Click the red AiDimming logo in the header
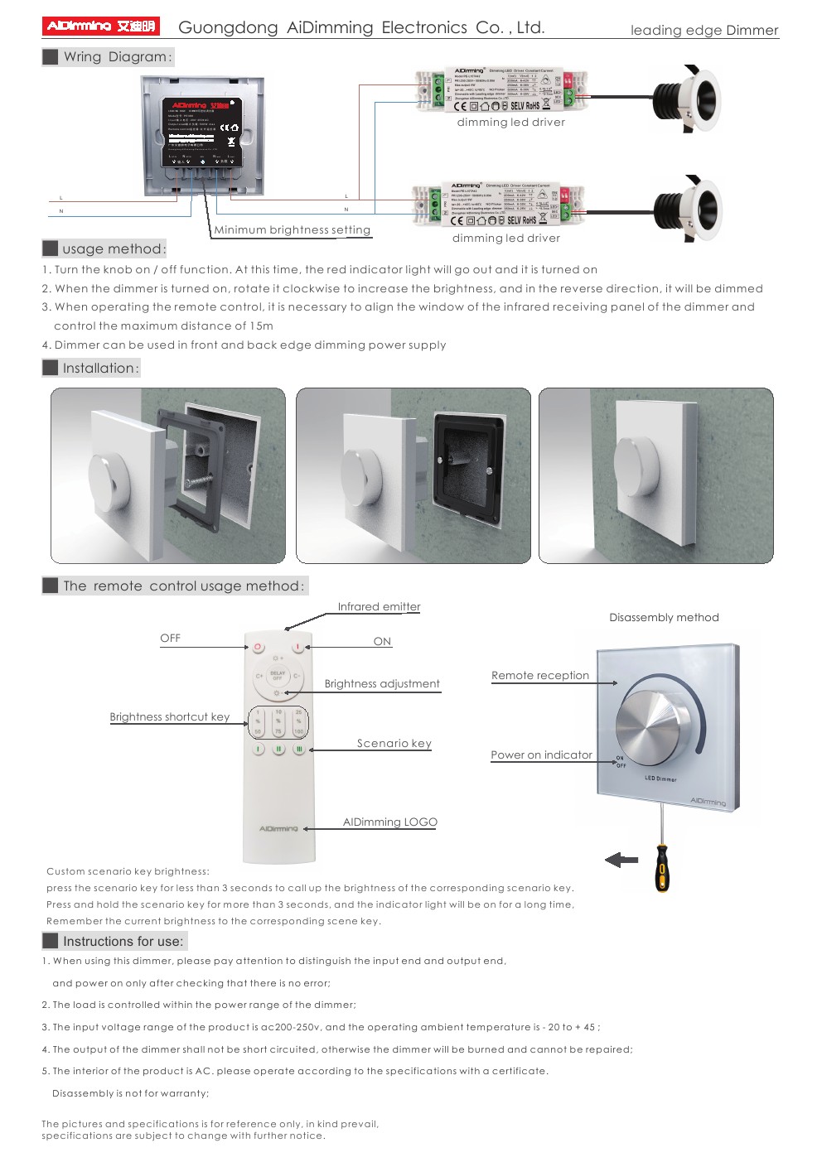point(100,27)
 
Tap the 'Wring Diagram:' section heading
point(117,57)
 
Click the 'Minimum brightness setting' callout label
point(292,230)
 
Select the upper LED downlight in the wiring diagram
point(687,99)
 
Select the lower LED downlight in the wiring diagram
point(689,208)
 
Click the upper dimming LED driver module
point(500,90)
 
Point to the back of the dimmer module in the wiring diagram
point(202,135)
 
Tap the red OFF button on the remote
point(258,647)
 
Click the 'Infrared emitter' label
point(379,607)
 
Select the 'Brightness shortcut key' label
point(169,717)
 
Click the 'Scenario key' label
point(394,744)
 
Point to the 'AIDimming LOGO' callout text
point(389,822)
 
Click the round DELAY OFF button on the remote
point(278,676)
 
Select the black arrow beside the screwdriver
point(621,861)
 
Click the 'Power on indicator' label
point(541,755)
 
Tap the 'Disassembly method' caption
point(664,618)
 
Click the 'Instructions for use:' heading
point(123,942)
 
